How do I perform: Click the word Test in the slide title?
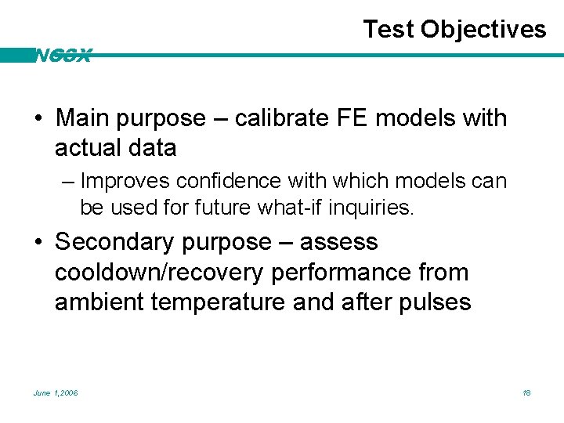point(389,30)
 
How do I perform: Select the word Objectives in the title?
point(483,30)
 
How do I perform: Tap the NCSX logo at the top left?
point(63,56)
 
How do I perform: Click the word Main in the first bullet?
point(81,118)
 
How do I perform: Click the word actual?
point(89,147)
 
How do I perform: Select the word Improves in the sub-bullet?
point(125,181)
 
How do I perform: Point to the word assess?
point(338,242)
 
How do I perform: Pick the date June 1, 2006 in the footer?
point(56,392)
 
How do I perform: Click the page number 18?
point(526,392)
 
